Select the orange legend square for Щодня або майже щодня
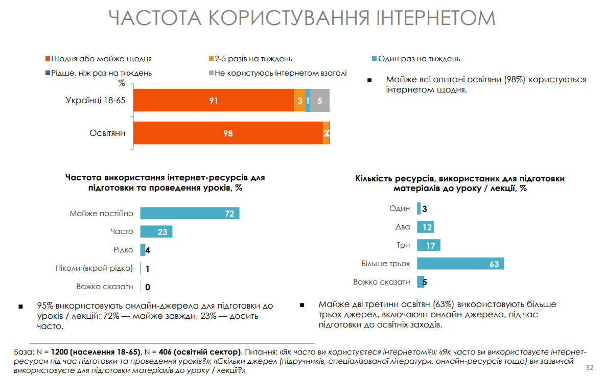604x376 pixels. (x=48, y=59)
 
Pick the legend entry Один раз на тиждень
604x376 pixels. (x=419, y=59)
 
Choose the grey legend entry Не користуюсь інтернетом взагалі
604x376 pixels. (x=280, y=73)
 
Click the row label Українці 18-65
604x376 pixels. (x=96, y=101)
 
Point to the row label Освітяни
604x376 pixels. (x=108, y=133)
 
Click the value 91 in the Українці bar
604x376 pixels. (x=214, y=101)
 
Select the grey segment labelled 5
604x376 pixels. (x=320, y=101)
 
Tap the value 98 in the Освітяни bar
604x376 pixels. (x=228, y=133)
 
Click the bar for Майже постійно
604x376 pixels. (x=190, y=214)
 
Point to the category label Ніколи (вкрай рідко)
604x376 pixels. (x=94, y=268)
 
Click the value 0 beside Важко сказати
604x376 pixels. (x=148, y=287)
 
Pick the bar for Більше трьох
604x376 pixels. (x=460, y=264)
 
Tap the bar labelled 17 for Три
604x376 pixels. (x=428, y=245)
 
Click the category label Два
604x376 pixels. (x=403, y=227)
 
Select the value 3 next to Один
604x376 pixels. (x=424, y=208)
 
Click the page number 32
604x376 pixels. (x=589, y=368)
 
